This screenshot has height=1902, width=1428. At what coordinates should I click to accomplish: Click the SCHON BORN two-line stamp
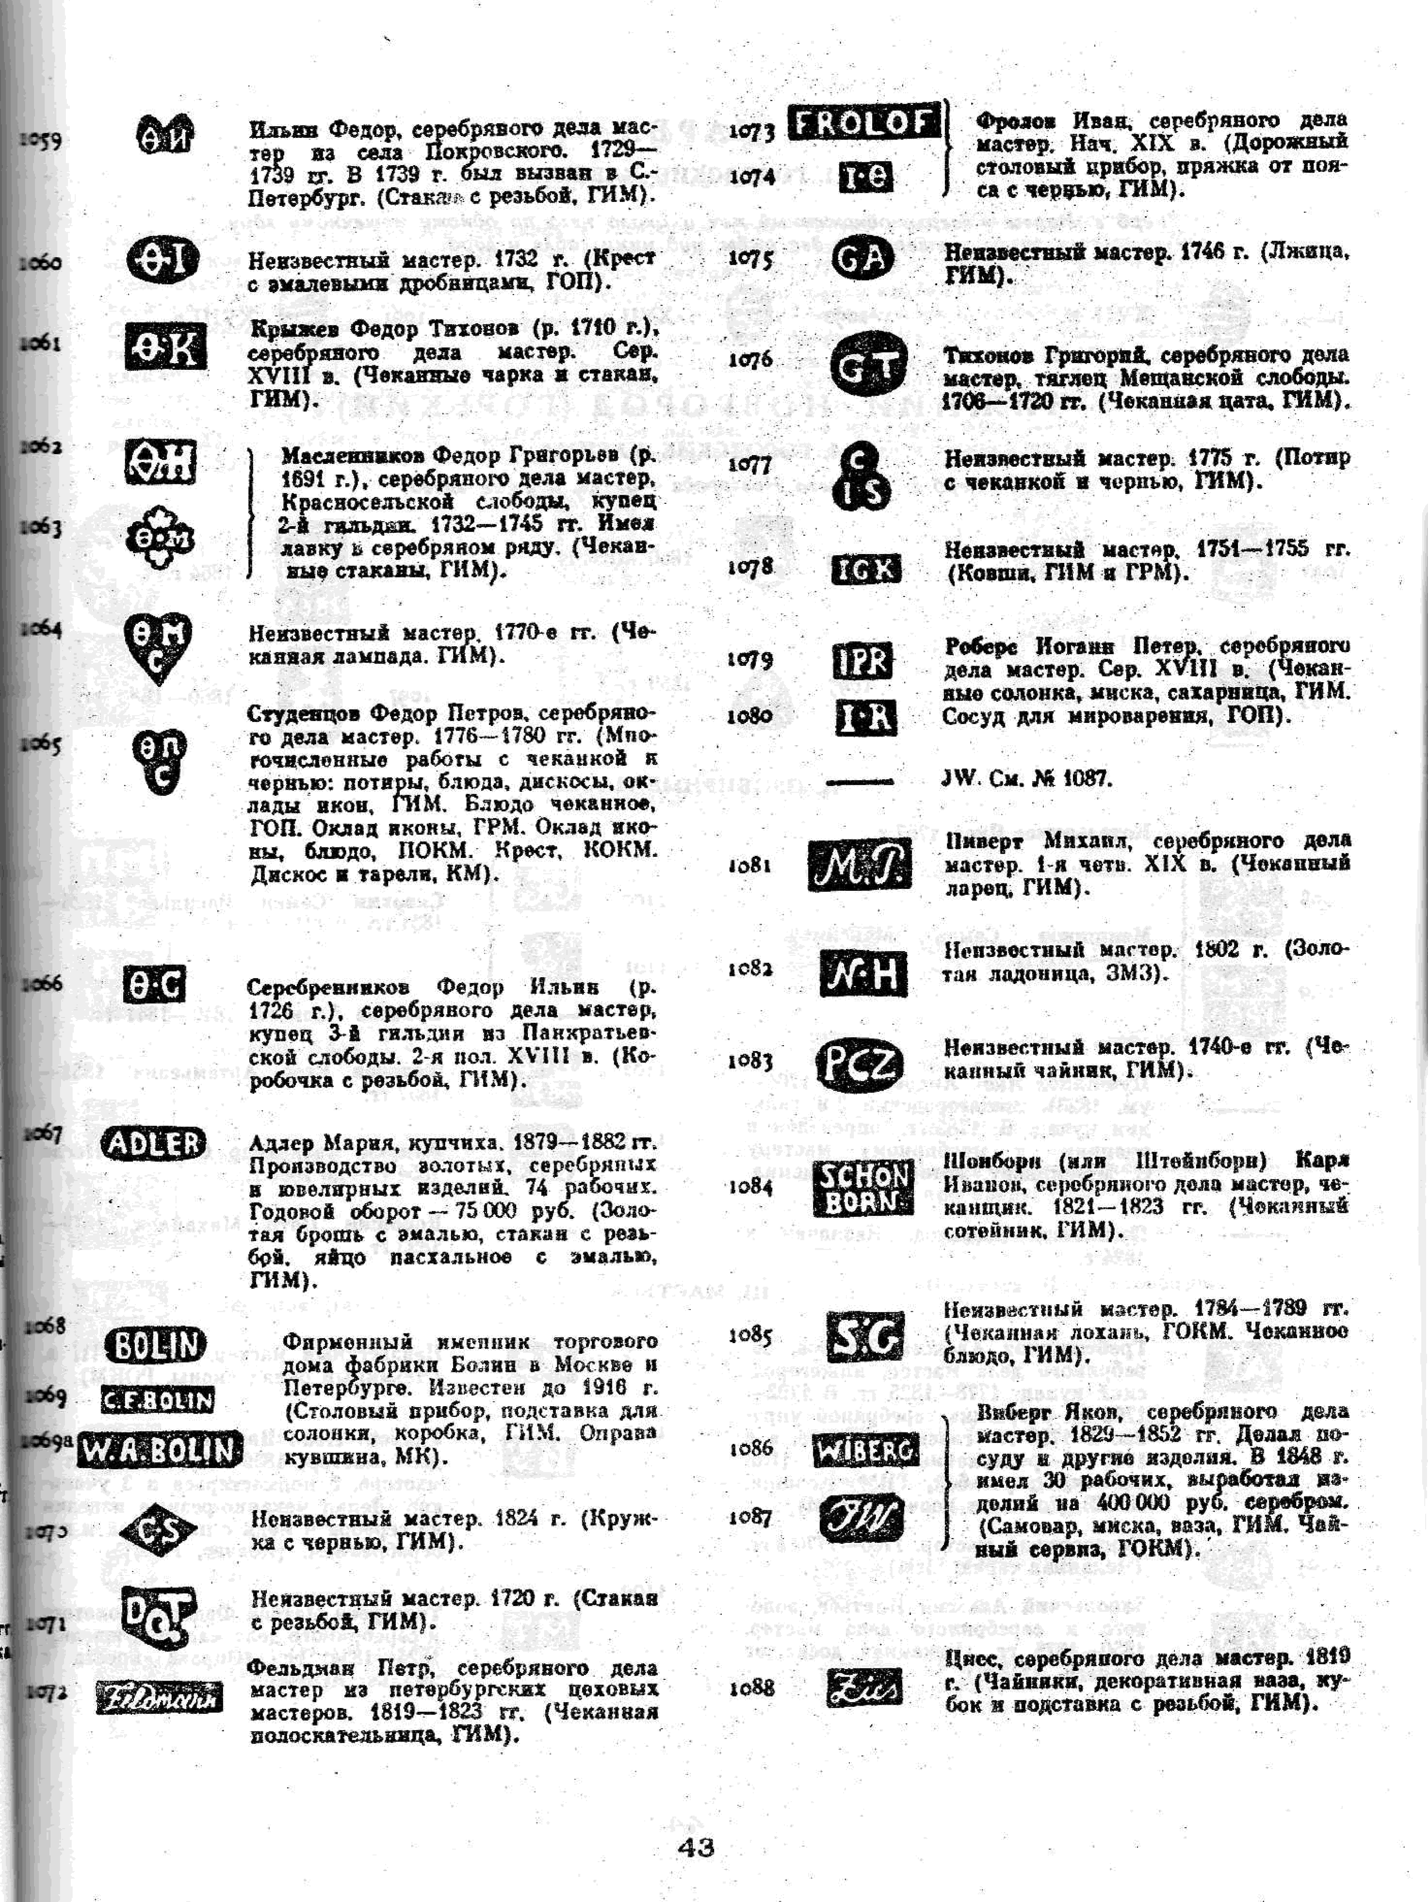(862, 1188)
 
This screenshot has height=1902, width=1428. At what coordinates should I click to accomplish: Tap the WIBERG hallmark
(865, 1451)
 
